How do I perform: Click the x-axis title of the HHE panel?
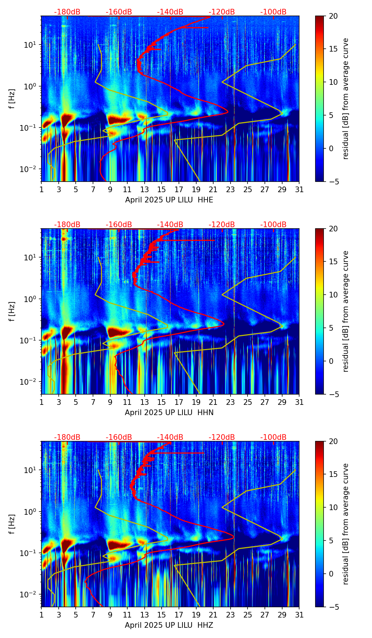click(169, 200)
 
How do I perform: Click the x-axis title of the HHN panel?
click(169, 413)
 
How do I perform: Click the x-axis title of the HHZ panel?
click(169, 625)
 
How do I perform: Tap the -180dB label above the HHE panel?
click(67, 12)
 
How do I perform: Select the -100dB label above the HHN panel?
click(273, 225)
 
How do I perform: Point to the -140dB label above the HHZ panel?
click(170, 437)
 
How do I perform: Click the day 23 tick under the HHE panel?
click(231, 189)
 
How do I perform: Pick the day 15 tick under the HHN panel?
click(162, 402)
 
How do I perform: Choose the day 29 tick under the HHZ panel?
click(282, 615)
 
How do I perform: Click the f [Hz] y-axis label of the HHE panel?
click(12, 99)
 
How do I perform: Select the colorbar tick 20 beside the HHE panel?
click(333, 16)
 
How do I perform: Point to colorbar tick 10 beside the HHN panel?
click(333, 295)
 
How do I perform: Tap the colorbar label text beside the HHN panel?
click(345, 311)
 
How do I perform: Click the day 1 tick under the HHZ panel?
click(42, 615)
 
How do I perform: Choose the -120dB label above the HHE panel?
click(222, 12)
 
